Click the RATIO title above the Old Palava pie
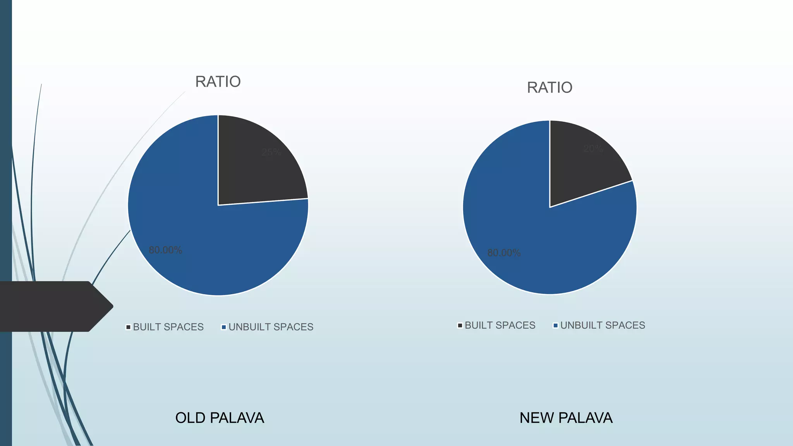pyautogui.click(x=218, y=82)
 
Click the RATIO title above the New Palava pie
pyautogui.click(x=549, y=87)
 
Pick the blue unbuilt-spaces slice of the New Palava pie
pyautogui.click(x=542, y=252)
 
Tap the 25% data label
pyautogui.click(x=271, y=152)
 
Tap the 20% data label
pyautogui.click(x=593, y=149)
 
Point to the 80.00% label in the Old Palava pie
pyautogui.click(x=165, y=250)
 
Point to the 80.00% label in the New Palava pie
pyautogui.click(x=504, y=253)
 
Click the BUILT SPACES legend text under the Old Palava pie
pyautogui.click(x=168, y=327)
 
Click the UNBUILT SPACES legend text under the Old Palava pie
pyautogui.click(x=271, y=327)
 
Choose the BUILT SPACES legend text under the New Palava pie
pyautogui.click(x=500, y=325)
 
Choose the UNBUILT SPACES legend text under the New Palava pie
pyautogui.click(x=602, y=325)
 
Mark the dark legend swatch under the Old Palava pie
pyautogui.click(x=128, y=327)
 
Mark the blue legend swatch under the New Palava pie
pyautogui.click(x=556, y=325)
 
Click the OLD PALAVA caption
pyautogui.click(x=220, y=418)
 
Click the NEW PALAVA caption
pyautogui.click(x=566, y=418)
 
